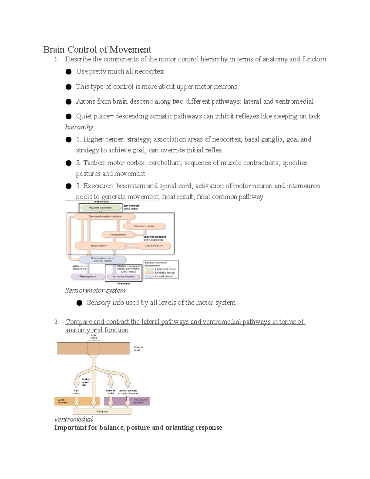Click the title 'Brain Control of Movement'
pos(97,49)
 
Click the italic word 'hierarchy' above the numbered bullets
pos(79,127)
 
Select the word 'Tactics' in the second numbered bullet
pos(94,163)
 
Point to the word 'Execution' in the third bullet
pos(98,186)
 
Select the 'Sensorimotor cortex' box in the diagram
pos(105,217)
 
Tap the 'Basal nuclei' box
pos(144,226)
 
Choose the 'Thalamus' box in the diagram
pos(118,235)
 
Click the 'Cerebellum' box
pos(154,246)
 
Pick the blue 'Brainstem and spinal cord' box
pos(103,259)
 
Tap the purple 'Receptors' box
pos(88,277)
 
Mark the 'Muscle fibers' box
pos(123,277)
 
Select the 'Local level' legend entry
pos(163,276)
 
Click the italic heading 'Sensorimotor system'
pos(95,291)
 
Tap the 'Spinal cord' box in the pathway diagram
pos(102,411)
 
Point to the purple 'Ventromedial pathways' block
pos(127,401)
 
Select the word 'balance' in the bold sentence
pos(112,428)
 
